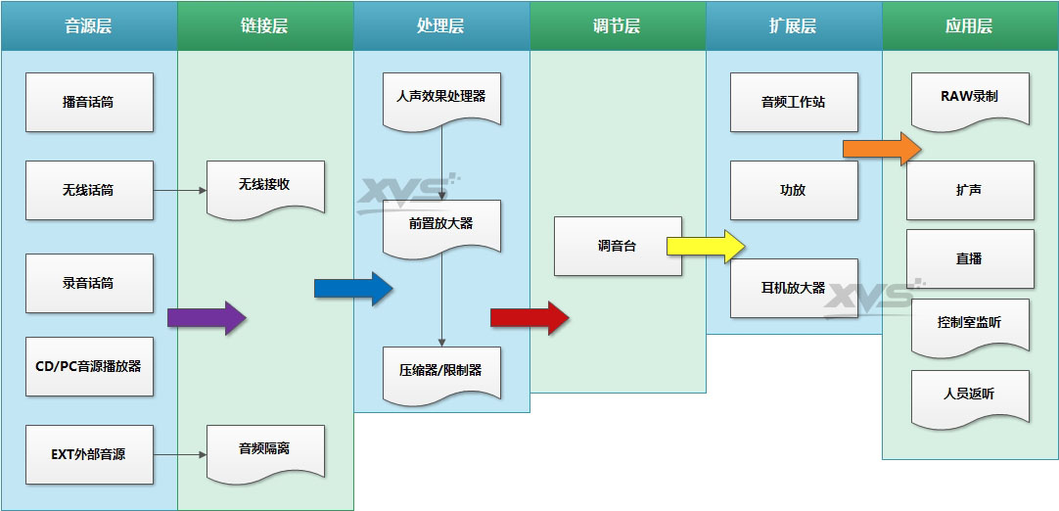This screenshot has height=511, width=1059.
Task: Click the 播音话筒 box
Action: tap(89, 102)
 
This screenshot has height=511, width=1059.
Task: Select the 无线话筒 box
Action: tap(89, 190)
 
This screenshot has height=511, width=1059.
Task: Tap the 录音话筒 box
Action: tap(89, 283)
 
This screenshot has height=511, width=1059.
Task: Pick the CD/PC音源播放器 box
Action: tap(89, 366)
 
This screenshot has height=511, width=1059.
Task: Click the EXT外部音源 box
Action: tap(89, 454)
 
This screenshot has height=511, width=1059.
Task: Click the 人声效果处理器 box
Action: tap(441, 98)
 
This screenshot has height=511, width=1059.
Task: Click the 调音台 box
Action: tap(618, 246)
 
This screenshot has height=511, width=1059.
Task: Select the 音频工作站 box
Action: tap(794, 102)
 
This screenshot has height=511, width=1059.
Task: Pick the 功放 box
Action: tap(794, 190)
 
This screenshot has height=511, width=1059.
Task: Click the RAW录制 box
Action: tap(970, 98)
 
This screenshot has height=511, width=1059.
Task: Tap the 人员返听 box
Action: tap(970, 395)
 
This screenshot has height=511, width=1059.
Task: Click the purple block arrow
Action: tap(207, 317)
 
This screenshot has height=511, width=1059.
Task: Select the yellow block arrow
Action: tap(706, 246)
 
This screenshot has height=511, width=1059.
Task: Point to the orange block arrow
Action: tap(882, 148)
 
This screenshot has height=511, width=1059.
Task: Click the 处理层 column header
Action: tap(441, 26)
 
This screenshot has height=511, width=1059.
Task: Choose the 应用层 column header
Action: tap(970, 26)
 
